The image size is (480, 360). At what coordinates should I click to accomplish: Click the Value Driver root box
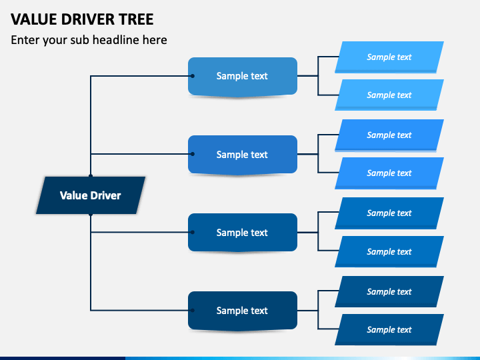[91, 195]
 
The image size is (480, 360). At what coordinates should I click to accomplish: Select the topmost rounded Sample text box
[243, 76]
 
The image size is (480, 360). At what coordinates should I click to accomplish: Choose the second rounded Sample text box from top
[243, 155]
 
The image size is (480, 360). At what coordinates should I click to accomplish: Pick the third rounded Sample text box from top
[243, 233]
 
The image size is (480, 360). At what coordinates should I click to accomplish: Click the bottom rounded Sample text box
[243, 311]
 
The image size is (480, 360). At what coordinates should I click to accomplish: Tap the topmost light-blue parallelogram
[389, 57]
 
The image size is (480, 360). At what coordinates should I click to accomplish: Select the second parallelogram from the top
[389, 95]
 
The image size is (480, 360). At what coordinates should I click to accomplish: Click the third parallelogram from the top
[389, 135]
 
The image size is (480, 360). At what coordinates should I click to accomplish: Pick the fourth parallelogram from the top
[389, 173]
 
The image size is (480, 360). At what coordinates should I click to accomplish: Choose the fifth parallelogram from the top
[389, 213]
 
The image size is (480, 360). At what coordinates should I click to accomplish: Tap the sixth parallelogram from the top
[389, 251]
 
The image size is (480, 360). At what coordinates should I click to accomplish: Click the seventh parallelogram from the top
[389, 292]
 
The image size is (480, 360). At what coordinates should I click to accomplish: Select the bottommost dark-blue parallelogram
[389, 330]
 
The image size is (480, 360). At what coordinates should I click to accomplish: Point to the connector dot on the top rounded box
[192, 76]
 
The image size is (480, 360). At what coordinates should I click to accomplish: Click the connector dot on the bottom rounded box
[192, 310]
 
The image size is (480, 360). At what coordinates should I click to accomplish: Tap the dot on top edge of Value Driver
[91, 176]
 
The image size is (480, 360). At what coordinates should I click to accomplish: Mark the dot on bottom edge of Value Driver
[91, 215]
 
